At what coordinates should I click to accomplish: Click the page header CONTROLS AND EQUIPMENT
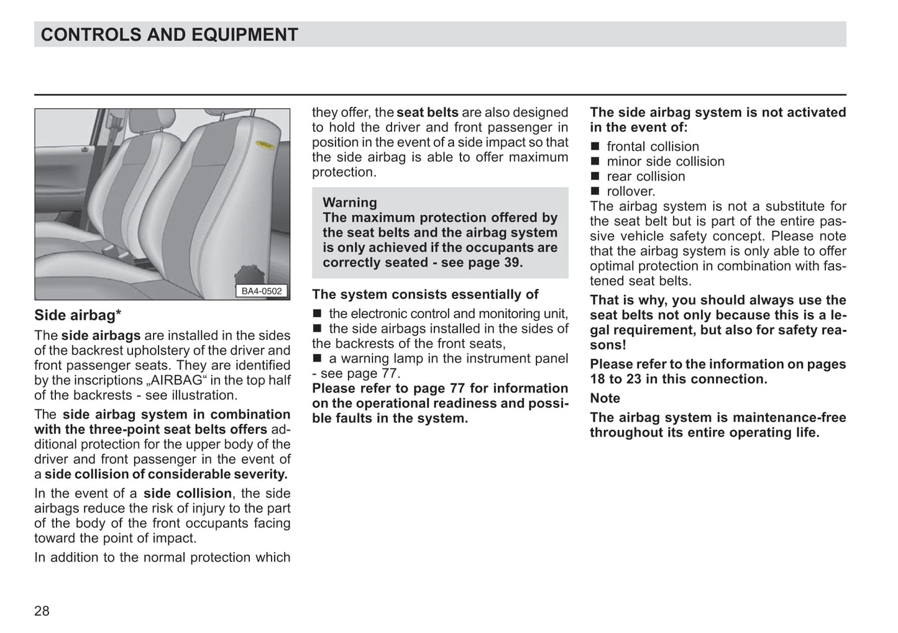point(169,35)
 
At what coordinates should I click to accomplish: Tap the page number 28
point(42,611)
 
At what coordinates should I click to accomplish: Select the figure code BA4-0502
point(262,291)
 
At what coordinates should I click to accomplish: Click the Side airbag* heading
point(78,316)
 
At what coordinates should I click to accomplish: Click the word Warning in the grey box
point(349,203)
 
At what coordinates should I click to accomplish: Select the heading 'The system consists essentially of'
point(425,294)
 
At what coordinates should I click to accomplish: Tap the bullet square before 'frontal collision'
point(595,147)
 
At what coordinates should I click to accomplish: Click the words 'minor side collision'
point(666,162)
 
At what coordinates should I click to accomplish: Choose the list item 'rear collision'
point(646,176)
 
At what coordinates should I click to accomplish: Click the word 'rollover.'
point(631,191)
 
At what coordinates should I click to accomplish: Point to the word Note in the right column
point(605,398)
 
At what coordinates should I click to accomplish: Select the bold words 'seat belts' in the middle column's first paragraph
point(427,112)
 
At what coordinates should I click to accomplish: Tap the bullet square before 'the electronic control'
point(317,314)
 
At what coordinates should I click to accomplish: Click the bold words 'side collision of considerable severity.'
point(166,474)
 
